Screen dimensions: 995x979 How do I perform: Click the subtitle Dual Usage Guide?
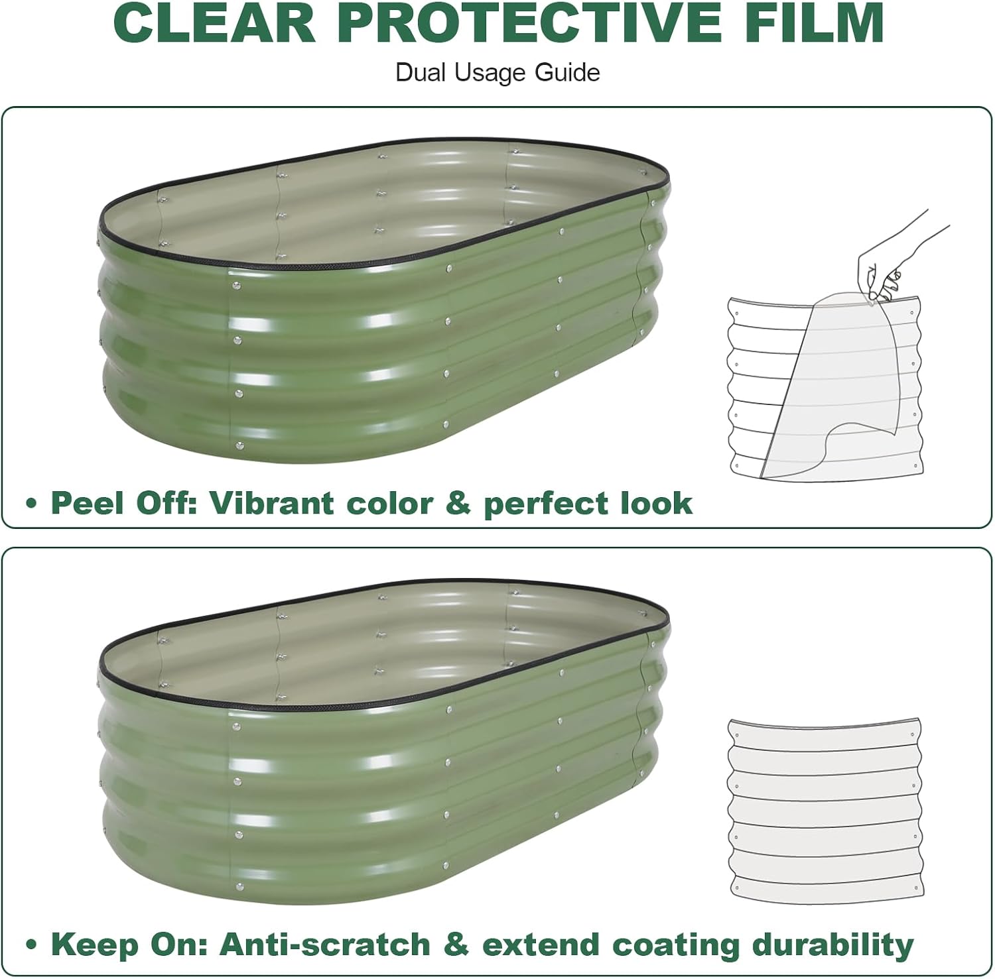497,72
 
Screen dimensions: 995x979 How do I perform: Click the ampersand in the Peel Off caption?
458,504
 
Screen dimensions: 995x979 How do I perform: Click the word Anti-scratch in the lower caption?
325,945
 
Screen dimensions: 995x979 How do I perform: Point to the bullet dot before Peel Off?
31,504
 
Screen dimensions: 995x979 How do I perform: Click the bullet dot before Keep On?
31,946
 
